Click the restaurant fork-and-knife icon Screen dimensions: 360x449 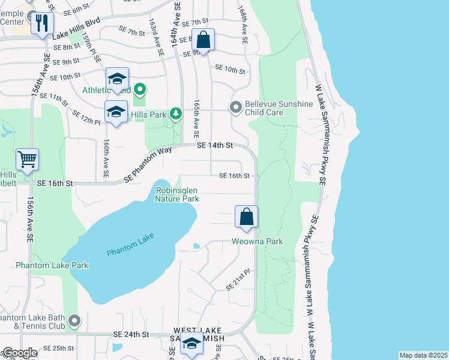[41, 24]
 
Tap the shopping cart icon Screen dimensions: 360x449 [28, 160]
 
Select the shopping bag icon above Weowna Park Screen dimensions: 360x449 [246, 217]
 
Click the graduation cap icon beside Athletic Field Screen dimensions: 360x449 [118, 79]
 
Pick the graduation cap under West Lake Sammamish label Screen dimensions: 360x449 [191, 344]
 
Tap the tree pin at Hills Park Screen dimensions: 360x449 [175, 113]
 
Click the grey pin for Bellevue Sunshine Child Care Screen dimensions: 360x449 [235, 108]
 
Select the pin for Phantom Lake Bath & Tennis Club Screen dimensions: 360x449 [74, 321]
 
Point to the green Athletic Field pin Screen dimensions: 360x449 [140, 91]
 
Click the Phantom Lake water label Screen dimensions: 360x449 [130, 244]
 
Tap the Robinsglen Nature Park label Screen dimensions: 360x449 [177, 194]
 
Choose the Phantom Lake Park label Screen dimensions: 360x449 [52, 265]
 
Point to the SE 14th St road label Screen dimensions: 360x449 [214, 145]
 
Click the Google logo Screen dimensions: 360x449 [20, 353]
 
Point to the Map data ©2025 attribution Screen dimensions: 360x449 [423, 355]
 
